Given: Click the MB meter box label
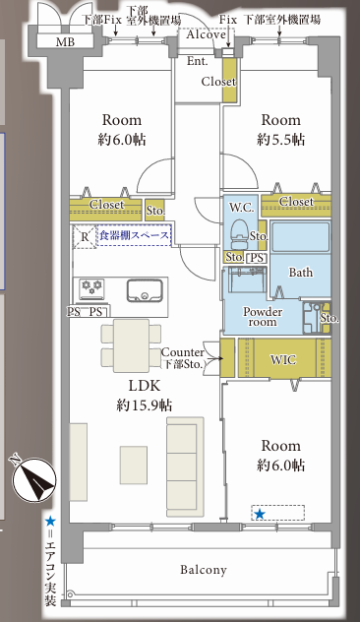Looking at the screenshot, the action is pos(66,41).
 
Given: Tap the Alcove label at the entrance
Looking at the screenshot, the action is pos(207,34).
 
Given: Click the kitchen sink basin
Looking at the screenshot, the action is pos(145,290).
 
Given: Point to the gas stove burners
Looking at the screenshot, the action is pos(91,288).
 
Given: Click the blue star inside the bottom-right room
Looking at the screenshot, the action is pos(260,514).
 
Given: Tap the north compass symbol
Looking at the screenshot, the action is pos(34,478).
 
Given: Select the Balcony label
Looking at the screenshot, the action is pos(204,570).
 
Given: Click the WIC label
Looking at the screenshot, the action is pos(282,360).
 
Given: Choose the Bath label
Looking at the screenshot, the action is pos(300,273).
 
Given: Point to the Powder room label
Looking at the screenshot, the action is pos(263,317).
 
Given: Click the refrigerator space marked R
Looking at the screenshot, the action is pos(85,237).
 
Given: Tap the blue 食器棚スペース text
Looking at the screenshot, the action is pos(134,235).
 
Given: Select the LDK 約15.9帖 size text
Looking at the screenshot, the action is pos(145,396).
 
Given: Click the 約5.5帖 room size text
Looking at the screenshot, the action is pos(280,140).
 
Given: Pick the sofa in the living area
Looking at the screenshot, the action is pos(185,466).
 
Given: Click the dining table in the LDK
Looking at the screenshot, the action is pos(131,345).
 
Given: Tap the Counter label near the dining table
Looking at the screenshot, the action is pos(183,352).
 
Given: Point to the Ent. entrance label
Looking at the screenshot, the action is pos(197,61).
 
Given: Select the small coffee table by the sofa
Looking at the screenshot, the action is pos(134,465).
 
